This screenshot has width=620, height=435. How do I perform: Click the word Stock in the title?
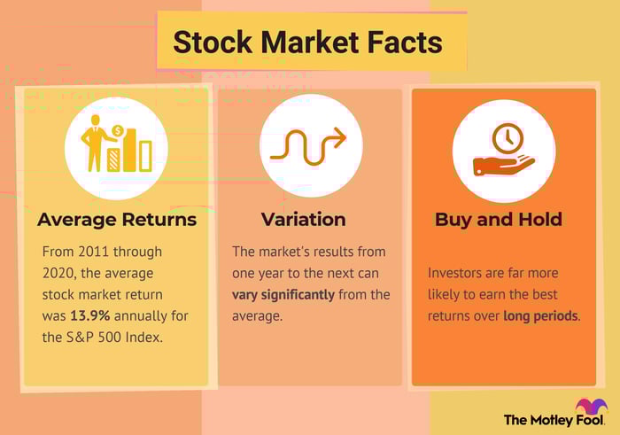213,43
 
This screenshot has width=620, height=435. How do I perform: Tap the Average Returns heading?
117,220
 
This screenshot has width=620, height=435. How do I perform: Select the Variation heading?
303,220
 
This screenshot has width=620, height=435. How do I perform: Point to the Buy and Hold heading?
498,220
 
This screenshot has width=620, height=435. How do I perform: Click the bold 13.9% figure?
90,315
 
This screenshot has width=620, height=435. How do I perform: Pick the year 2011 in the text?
92,252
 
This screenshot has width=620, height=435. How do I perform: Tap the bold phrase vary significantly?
283,295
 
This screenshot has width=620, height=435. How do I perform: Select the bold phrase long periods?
540,316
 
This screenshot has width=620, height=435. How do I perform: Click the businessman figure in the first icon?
94,144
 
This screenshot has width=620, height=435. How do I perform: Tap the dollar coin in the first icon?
118,130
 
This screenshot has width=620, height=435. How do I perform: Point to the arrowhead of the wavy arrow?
340,137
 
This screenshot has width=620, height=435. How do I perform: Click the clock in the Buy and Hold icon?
508,138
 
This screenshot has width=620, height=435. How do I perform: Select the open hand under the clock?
503,166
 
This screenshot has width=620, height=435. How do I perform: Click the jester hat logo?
592,407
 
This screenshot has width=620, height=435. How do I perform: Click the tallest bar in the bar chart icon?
129,151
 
